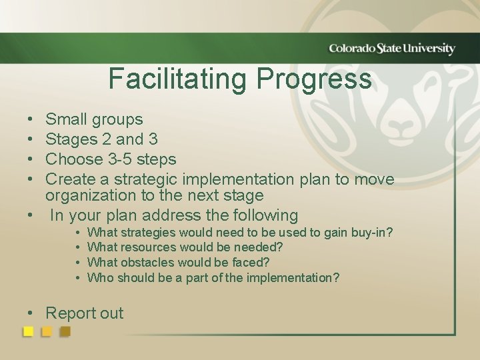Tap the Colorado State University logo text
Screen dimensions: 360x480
[391, 49]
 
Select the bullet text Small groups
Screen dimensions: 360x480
[94, 120]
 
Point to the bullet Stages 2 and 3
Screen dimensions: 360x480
[101, 140]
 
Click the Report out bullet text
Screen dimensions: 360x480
[84, 313]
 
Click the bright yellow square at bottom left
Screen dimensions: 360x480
[29, 331]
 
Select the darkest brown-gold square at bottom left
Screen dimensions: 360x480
[65, 331]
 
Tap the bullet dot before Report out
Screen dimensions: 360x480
[31, 314]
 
